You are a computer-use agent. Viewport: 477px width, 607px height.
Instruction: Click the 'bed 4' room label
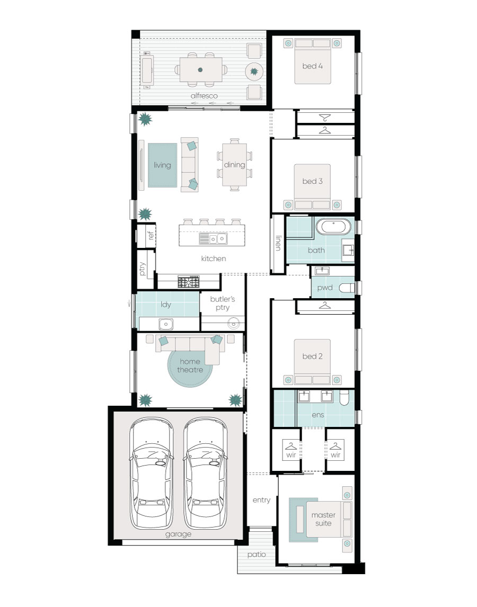click(x=312, y=66)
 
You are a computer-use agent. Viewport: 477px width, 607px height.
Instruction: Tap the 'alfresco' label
click(x=204, y=96)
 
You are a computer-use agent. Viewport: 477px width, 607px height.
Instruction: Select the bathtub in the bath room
click(x=333, y=227)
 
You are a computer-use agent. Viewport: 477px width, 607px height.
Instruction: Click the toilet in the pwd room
click(x=347, y=288)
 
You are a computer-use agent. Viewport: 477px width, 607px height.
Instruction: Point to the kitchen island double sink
click(x=213, y=239)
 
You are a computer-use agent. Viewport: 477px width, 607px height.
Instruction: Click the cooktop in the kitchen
click(x=189, y=281)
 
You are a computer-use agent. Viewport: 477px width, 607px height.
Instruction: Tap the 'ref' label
click(x=151, y=235)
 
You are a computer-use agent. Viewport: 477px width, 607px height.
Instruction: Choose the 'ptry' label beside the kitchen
click(x=142, y=269)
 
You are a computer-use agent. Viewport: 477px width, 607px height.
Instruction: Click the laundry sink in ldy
click(x=166, y=323)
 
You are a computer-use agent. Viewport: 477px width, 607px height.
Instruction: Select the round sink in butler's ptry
click(x=233, y=323)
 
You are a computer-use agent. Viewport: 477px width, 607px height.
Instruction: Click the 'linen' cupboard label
click(x=278, y=243)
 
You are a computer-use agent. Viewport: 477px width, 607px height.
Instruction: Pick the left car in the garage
click(x=151, y=473)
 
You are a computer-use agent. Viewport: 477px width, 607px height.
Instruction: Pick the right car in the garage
click(x=205, y=473)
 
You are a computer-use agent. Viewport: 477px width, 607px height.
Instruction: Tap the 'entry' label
click(x=262, y=500)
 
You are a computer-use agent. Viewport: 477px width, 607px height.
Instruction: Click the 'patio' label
click(x=257, y=555)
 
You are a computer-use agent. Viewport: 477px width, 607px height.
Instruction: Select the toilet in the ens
click(x=344, y=398)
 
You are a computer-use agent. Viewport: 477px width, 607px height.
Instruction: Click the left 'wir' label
click(x=291, y=456)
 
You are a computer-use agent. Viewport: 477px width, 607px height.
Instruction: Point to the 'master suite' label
click(x=323, y=519)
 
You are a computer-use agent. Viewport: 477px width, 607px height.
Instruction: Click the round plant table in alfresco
click(x=254, y=72)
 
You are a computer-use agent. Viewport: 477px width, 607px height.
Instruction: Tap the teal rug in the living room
click(x=162, y=165)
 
